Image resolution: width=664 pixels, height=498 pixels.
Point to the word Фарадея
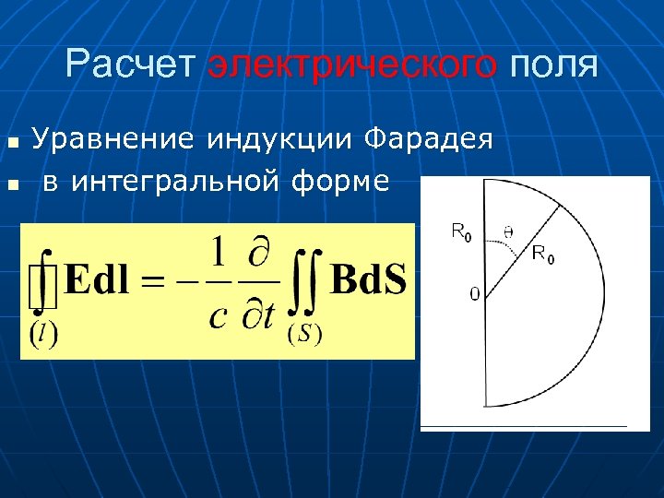pyautogui.click(x=429, y=139)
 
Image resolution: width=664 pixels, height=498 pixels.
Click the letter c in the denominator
pyautogui.click(x=218, y=316)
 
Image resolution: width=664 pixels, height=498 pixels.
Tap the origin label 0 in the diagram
pyautogui.click(x=474, y=294)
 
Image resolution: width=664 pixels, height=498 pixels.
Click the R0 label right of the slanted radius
pyautogui.click(x=544, y=256)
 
